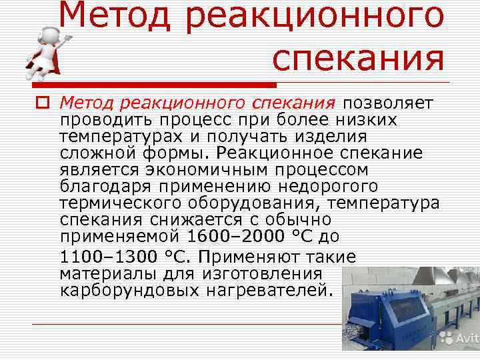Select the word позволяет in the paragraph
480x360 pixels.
click(x=388, y=103)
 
